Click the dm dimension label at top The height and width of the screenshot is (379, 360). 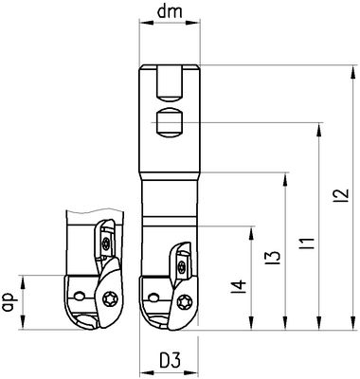pos(170,11)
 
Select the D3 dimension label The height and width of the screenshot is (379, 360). pos(170,360)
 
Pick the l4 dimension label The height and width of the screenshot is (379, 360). pos(239,286)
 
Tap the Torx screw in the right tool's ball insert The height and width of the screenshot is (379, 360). pos(184,303)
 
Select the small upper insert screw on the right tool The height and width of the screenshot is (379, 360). pos(181,265)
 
